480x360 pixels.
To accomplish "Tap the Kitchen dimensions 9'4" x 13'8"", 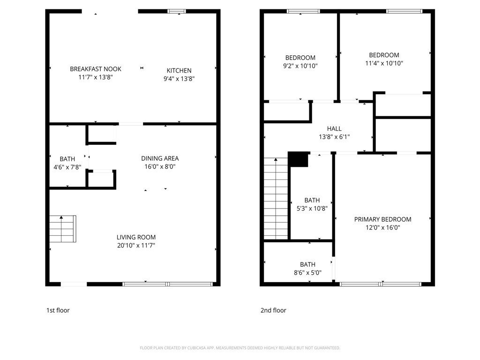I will point(179,79).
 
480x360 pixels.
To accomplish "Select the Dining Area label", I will point(160,158).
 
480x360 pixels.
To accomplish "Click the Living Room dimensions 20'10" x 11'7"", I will point(136,245).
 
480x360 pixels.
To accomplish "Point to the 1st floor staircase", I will point(63,229).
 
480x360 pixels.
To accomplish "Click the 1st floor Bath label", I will point(67,159).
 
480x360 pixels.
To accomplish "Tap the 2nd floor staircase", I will point(276,198).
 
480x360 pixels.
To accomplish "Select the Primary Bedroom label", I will point(382,219).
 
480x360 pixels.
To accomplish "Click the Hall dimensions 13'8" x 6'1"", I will point(334,137).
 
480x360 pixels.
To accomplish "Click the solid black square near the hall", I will point(298,159).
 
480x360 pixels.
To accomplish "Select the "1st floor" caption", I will point(58,310).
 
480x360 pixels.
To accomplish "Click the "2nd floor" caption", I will point(273,310).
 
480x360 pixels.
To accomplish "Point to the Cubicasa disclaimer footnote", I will point(240,348).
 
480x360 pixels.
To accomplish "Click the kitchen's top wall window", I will point(177,11).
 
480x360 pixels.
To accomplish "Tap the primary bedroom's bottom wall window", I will point(381,284).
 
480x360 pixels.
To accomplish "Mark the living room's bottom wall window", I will point(168,284).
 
